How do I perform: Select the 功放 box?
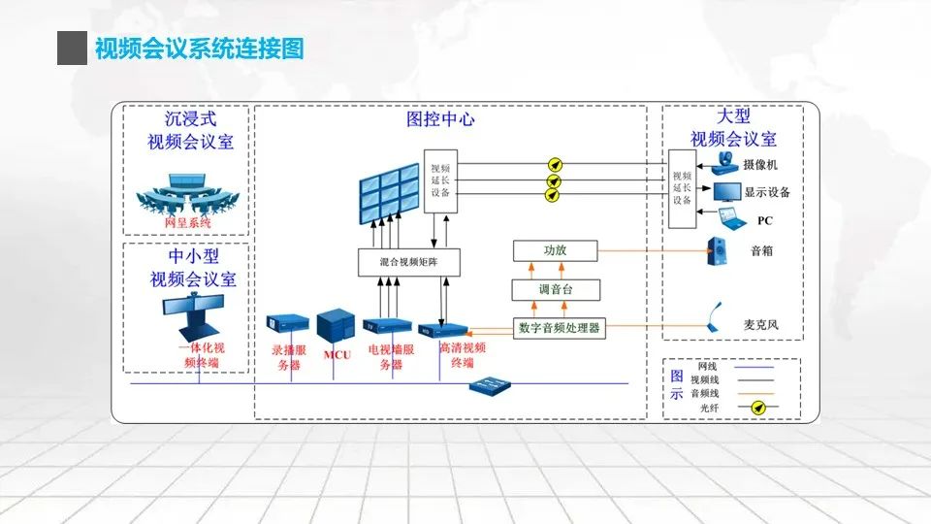[x=555, y=250]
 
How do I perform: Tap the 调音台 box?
[x=555, y=289]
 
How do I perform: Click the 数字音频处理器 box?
[x=560, y=327]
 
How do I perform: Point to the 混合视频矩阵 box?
[x=407, y=262]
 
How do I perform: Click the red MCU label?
[x=337, y=355]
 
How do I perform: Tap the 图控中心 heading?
[x=440, y=120]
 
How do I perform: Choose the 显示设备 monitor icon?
[x=726, y=192]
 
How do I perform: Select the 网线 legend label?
[x=708, y=368]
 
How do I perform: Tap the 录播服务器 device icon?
[x=288, y=323]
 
